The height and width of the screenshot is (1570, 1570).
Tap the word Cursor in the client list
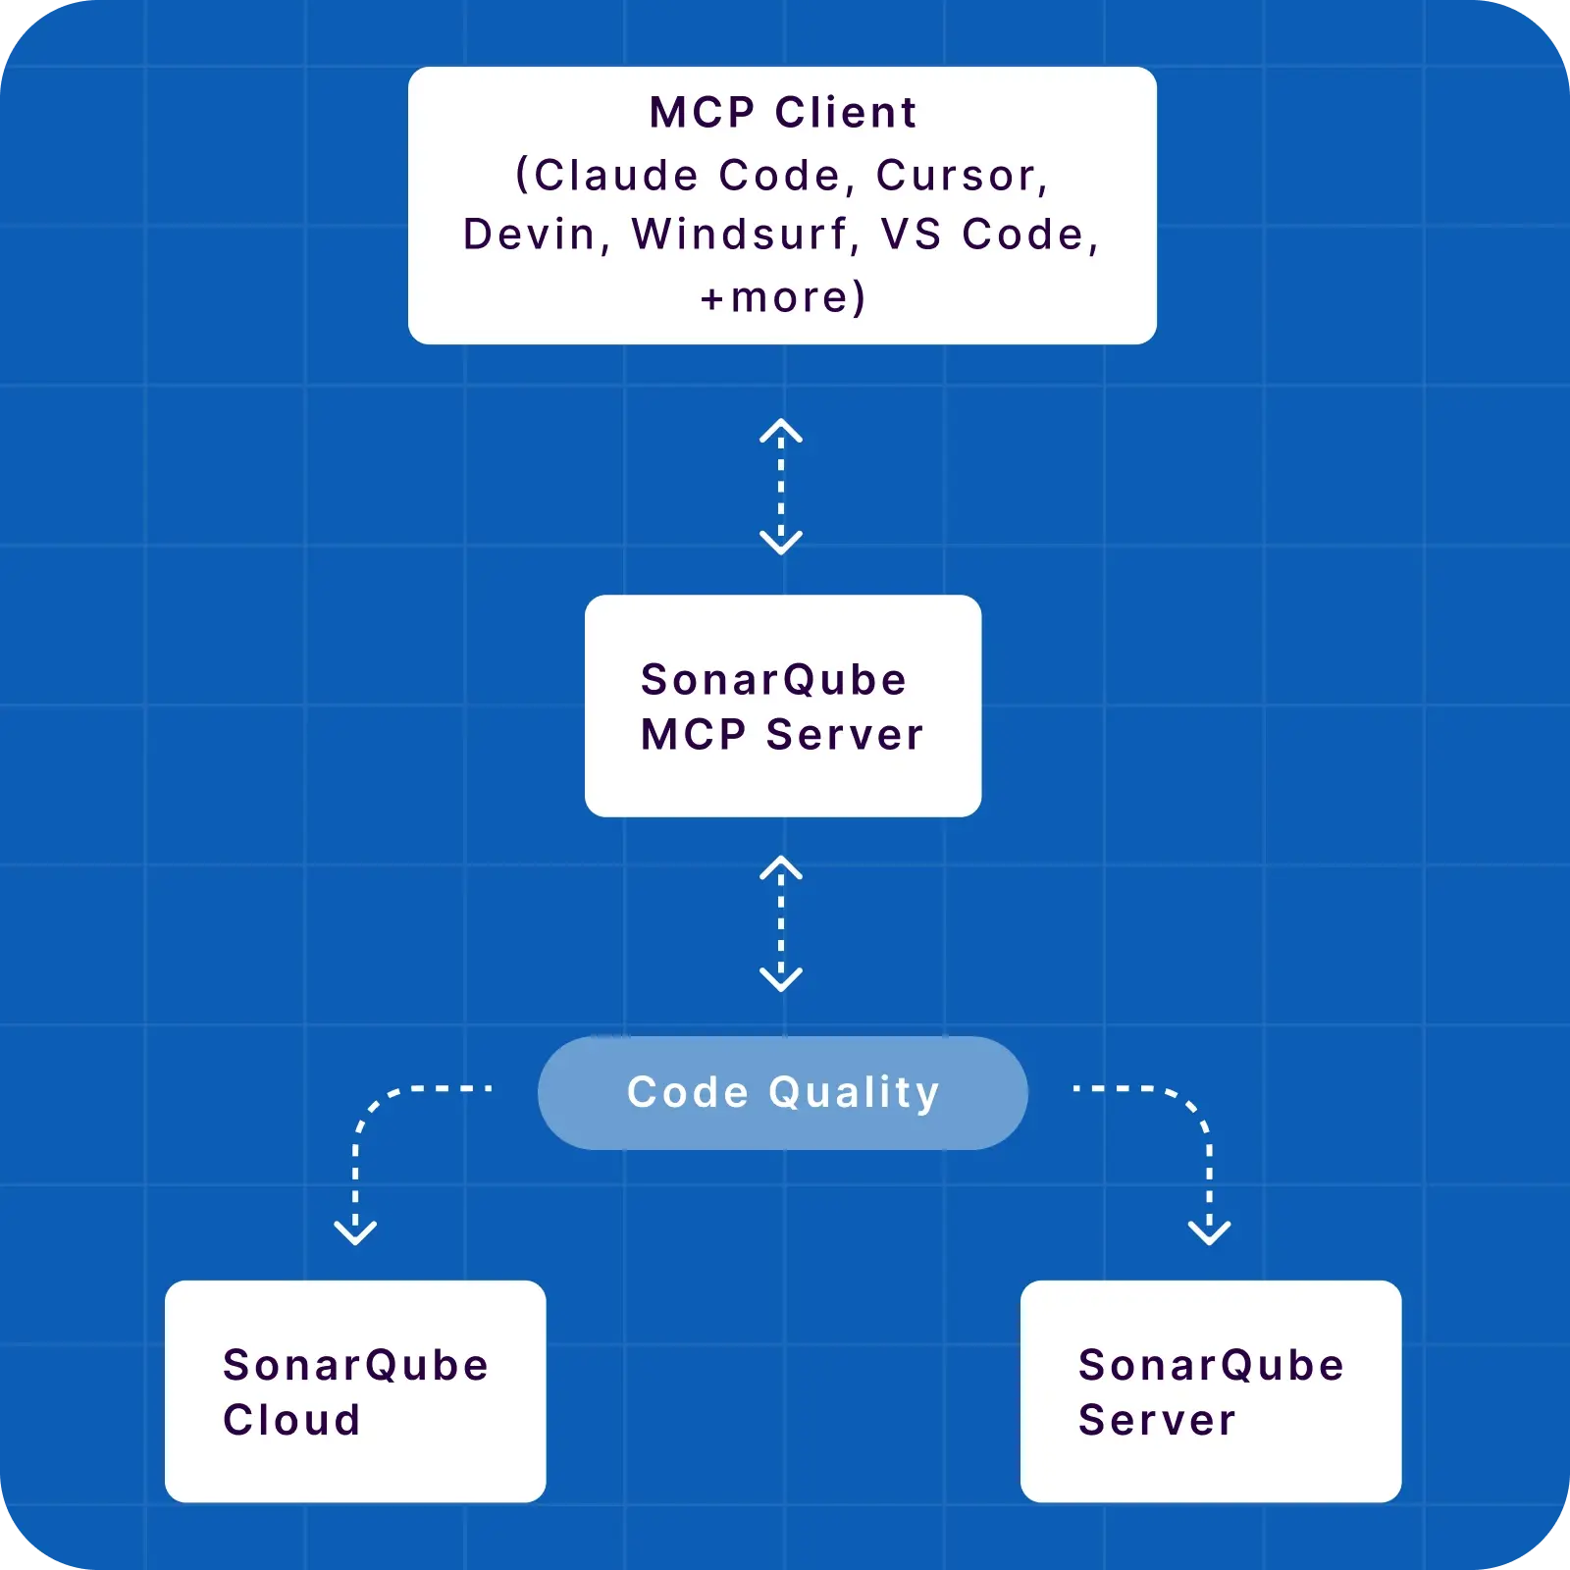[x=957, y=176]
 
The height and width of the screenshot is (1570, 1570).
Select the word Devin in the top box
[x=530, y=235]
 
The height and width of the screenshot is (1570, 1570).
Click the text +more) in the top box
[x=783, y=297]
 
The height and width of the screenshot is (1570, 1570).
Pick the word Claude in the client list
[x=616, y=176]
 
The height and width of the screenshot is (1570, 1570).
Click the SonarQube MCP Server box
[x=783, y=706]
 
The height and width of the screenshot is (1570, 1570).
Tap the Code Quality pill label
[x=783, y=1092]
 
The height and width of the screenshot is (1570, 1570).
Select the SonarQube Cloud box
[x=355, y=1390]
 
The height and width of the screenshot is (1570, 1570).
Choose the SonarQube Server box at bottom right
[x=1211, y=1390]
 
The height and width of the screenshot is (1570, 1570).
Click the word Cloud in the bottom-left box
[x=291, y=1420]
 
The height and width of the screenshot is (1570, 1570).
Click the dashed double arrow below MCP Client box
[x=781, y=488]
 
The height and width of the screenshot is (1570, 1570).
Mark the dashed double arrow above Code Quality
[x=781, y=923]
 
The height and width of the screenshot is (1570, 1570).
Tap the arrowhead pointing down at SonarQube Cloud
[x=355, y=1231]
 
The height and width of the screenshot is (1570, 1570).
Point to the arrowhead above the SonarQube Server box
[x=1209, y=1231]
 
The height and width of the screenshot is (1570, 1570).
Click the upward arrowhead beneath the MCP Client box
[x=781, y=430]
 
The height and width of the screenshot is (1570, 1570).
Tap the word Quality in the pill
[x=854, y=1092]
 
